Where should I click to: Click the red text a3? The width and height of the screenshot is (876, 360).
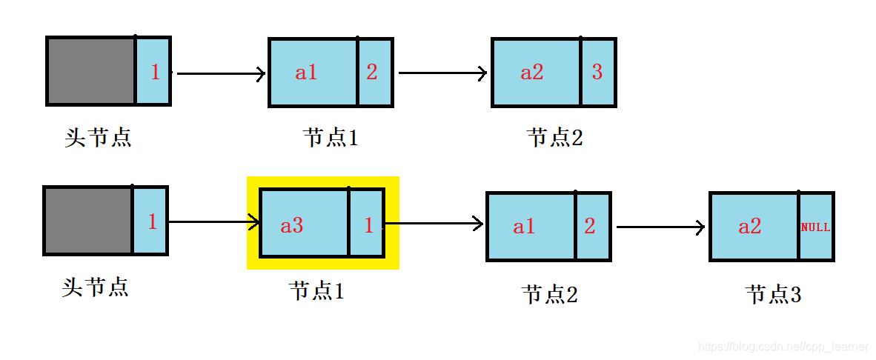(291, 225)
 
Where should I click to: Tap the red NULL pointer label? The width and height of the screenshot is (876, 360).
(815, 227)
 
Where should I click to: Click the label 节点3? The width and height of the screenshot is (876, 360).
(773, 295)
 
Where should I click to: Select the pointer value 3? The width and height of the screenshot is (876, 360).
(597, 72)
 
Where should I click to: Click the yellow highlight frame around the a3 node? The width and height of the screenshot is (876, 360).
(322, 181)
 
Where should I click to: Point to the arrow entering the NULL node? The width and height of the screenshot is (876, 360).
(660, 227)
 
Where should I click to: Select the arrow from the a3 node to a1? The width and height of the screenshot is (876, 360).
(434, 222)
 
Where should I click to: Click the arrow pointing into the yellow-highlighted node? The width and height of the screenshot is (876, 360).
(215, 221)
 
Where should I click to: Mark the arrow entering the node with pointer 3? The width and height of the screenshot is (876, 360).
(442, 73)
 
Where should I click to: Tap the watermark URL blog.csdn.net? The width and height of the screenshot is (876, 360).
(783, 347)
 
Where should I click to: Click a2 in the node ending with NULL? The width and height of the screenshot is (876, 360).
(749, 227)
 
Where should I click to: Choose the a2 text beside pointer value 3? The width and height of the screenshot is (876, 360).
(531, 72)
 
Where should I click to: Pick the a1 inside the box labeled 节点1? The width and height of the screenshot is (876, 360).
(306, 72)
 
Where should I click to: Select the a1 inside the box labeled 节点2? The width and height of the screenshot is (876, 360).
(524, 227)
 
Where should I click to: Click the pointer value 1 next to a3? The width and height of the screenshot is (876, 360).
(368, 225)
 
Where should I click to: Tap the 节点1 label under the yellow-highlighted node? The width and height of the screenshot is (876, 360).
(316, 291)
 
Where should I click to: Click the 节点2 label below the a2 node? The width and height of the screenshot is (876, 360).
(554, 137)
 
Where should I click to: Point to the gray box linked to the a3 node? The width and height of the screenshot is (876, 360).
(88, 221)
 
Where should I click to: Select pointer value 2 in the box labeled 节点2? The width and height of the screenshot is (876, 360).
(589, 226)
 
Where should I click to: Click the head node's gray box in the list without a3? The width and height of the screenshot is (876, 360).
(90, 70)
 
